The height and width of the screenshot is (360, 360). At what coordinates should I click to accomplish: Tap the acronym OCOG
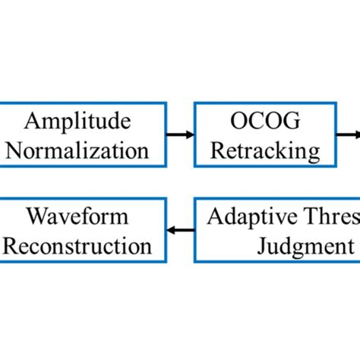tap(265, 122)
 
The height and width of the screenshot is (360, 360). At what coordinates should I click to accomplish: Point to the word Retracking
tap(265, 150)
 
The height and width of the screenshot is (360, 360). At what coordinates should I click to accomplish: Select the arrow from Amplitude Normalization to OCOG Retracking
tap(179, 136)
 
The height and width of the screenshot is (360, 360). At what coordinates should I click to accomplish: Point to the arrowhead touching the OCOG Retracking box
tap(189, 136)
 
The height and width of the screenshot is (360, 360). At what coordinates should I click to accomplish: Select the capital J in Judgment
tap(264, 245)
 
